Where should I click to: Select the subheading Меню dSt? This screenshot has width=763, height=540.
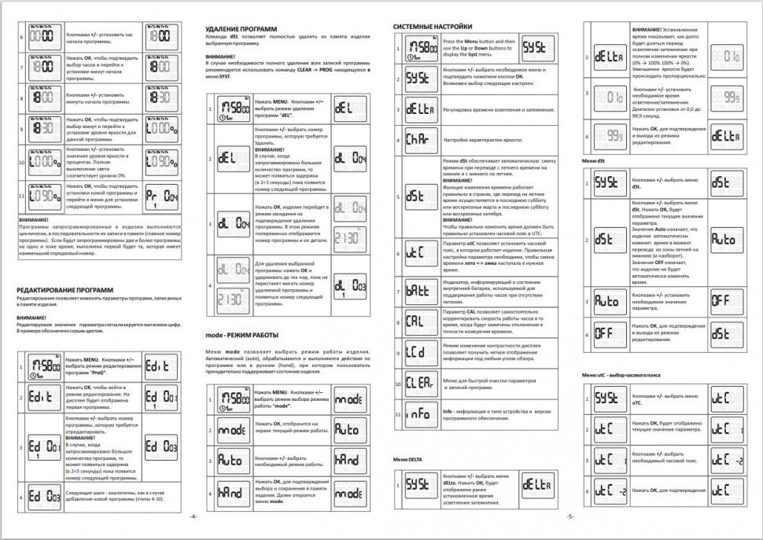[x=594, y=160]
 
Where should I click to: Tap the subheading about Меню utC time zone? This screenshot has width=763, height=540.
[x=621, y=375]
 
